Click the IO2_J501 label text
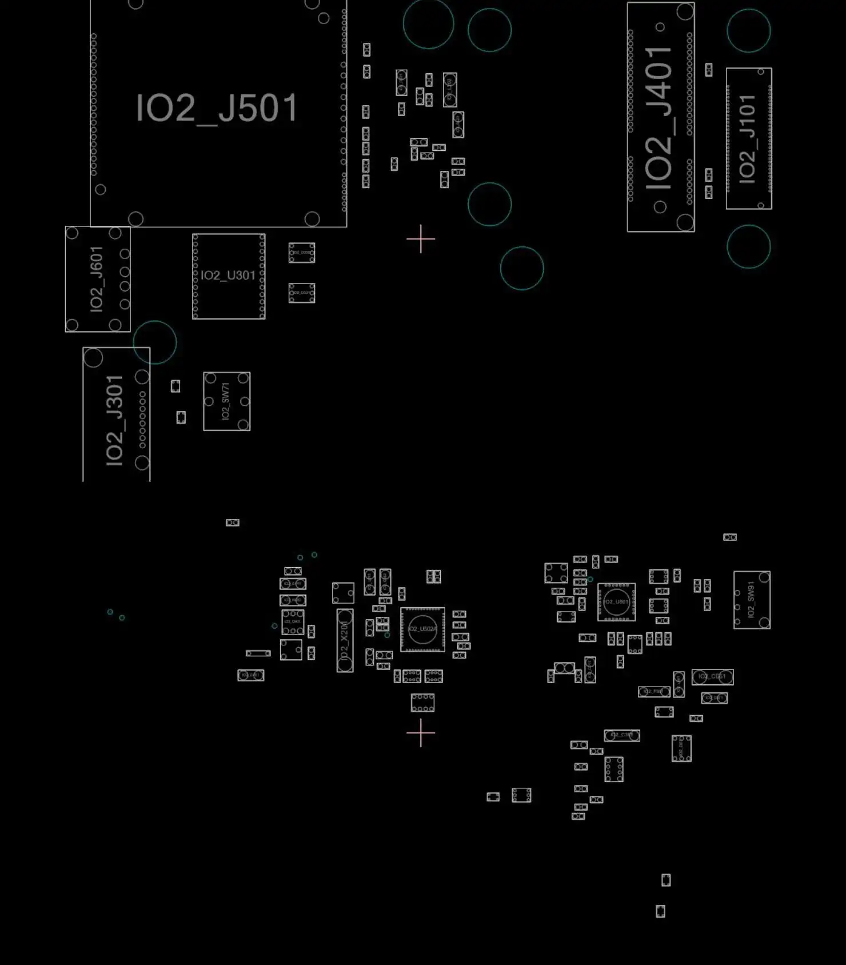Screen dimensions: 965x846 tap(217, 108)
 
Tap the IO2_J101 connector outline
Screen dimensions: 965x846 tap(749, 138)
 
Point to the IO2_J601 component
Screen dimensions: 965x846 tap(97, 279)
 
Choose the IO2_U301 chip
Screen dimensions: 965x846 tap(229, 276)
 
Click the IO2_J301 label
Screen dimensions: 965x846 tap(115, 420)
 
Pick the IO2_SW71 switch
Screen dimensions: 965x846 tap(226, 401)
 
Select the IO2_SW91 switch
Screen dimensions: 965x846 tap(752, 600)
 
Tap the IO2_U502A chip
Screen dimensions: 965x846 tap(422, 629)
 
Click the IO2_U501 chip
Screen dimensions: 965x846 tap(616, 601)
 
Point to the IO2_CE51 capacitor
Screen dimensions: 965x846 tap(712, 677)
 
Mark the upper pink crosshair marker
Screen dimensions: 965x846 tap(421, 239)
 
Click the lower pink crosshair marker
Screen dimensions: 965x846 tap(421, 732)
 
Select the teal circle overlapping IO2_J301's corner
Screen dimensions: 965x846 tap(155, 342)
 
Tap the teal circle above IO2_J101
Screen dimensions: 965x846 tap(749, 30)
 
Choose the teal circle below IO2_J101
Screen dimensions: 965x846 tap(749, 246)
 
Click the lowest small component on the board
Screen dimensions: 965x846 tap(660, 911)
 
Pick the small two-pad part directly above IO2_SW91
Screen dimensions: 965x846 tap(730, 537)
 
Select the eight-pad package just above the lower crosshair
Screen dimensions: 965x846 tap(422, 703)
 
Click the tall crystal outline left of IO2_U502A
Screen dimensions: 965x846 tap(345, 640)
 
